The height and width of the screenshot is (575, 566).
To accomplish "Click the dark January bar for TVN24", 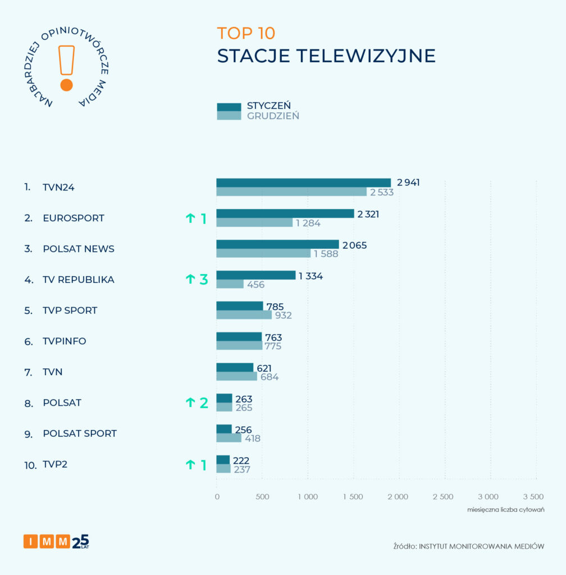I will tap(303, 182).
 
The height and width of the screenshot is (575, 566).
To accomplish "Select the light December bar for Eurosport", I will tap(254, 222).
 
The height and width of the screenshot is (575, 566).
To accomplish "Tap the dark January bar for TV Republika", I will tap(255, 275).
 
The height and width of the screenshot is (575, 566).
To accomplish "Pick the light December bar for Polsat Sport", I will tap(229, 438).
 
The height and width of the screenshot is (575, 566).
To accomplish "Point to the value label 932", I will tap(283, 315).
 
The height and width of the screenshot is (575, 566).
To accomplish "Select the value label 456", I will tap(255, 284).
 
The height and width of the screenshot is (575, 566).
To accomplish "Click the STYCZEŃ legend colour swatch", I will tap(229, 107).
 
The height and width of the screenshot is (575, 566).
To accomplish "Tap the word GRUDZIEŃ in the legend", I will tap(273, 116).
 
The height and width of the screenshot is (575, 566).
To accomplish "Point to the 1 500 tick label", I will tap(353, 496).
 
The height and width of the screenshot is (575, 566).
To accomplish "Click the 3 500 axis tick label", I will tap(533, 496).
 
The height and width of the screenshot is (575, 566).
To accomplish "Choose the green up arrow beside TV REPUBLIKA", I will tap(189, 280).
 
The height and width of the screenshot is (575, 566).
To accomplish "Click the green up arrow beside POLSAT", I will tap(189, 403).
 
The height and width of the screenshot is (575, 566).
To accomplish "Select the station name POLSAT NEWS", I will tap(79, 249).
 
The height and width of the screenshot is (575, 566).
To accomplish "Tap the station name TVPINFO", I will tap(65, 341).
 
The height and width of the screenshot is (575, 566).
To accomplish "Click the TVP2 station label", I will tap(55, 464).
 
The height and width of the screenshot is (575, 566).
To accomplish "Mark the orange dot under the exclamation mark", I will tap(66, 85).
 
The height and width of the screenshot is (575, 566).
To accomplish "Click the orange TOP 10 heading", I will tap(246, 33).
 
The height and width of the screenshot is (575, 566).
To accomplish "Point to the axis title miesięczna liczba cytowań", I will tap(506, 509).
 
